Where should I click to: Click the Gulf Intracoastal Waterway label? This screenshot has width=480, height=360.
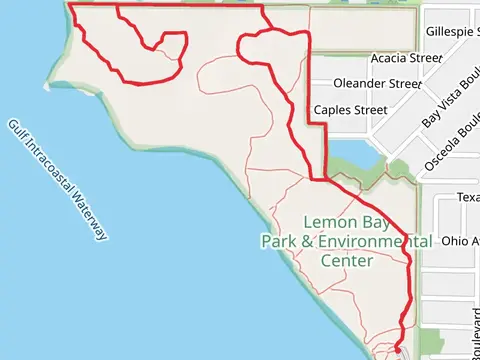point(57,180)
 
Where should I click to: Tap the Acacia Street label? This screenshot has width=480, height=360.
point(406,59)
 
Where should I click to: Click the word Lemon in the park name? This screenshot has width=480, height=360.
point(326,221)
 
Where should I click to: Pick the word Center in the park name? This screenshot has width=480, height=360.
point(347,261)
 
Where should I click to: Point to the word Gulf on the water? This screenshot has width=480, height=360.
point(17,131)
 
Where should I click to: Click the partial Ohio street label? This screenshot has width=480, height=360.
point(461,241)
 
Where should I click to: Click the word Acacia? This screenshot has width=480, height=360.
point(391,59)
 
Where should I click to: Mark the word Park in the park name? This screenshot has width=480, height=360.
point(281,241)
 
